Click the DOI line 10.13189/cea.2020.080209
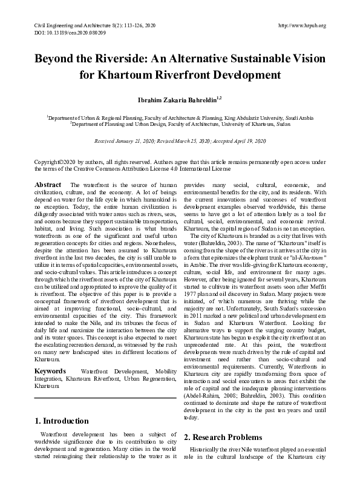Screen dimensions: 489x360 (x=64, y=32)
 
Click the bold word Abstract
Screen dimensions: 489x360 (x=48, y=184)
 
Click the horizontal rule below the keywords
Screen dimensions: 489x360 (x=105, y=398)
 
